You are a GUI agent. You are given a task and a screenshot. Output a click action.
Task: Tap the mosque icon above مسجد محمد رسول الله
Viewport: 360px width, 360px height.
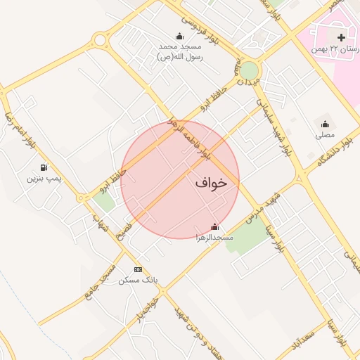tap(179, 37)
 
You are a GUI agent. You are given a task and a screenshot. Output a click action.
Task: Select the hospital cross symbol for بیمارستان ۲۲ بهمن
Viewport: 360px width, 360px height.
tap(341, 37)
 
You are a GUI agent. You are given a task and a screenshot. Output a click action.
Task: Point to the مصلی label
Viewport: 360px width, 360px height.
tap(325, 134)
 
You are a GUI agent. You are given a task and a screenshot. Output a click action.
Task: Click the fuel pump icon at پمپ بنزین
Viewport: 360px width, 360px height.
tap(44, 168)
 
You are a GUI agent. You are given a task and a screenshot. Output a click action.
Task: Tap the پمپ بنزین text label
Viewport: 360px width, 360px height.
tap(44, 179)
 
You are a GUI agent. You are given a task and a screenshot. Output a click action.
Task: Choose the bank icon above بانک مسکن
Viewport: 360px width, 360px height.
tap(138, 269)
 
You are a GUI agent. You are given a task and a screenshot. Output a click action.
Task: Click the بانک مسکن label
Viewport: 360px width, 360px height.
tap(139, 281)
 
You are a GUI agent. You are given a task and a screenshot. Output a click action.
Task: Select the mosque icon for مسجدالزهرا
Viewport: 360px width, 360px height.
tap(215, 227)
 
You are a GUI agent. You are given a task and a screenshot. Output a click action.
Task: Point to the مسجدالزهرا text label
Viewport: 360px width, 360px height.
tap(215, 238)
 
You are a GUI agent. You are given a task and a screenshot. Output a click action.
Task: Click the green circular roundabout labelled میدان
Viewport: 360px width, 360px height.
tap(250, 70)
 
